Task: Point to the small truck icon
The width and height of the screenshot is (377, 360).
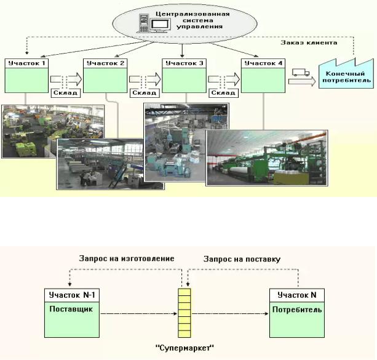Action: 300,73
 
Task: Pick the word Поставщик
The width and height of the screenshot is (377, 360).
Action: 65,309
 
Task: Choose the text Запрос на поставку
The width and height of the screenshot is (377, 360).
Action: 242,259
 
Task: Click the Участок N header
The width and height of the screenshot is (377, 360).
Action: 296,295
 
